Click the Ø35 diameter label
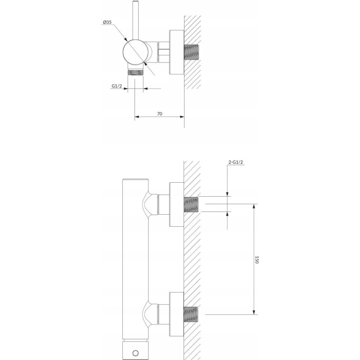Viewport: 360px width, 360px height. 107,22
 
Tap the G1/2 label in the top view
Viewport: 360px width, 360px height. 117,86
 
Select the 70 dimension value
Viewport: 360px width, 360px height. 160,114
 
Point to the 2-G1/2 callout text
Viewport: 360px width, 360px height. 235,162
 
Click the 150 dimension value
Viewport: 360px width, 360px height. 257,260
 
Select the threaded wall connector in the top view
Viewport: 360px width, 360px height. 191,52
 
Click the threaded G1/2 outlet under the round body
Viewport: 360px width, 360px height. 135,73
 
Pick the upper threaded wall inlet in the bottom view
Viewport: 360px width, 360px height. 191,204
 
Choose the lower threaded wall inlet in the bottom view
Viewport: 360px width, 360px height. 191,315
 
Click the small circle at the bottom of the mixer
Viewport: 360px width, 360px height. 136,353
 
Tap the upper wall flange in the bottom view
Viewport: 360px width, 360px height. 176,205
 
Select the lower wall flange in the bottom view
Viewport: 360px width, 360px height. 176,315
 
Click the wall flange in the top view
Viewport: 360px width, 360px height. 176,52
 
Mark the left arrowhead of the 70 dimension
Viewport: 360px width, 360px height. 137,117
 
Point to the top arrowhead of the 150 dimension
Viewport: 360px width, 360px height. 254,206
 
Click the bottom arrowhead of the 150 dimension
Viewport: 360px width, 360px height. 254,312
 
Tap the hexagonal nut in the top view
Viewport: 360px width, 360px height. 164,52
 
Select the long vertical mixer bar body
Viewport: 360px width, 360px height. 135,260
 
